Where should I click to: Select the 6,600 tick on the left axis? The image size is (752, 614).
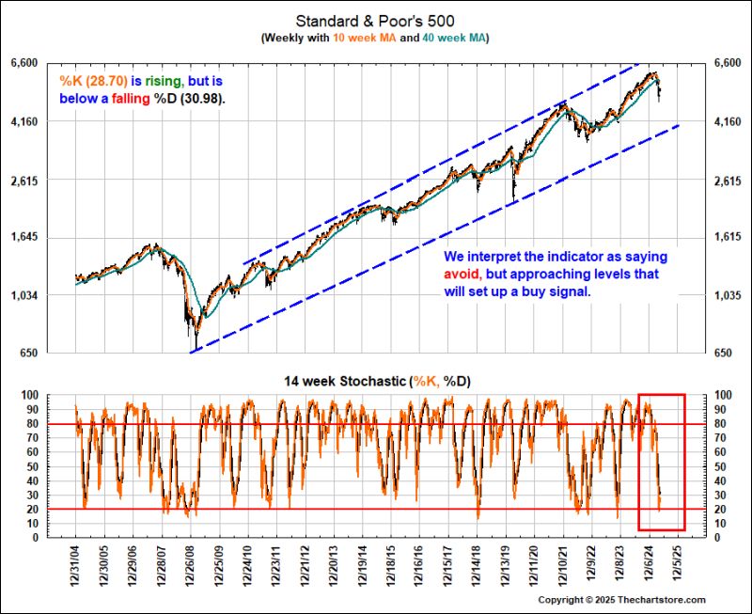(x=49, y=63)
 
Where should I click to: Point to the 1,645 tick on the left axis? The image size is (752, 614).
(x=49, y=238)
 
